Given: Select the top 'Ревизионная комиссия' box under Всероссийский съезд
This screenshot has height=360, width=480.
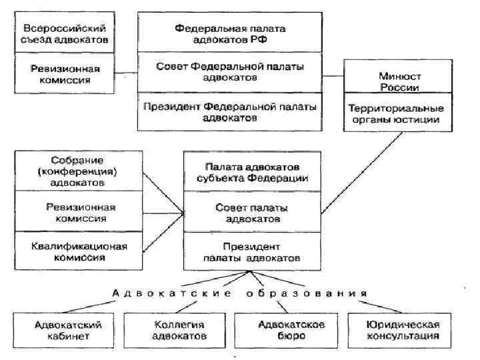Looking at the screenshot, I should [x=64, y=74].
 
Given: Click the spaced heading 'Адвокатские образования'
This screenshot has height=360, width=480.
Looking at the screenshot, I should [x=240, y=293].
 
